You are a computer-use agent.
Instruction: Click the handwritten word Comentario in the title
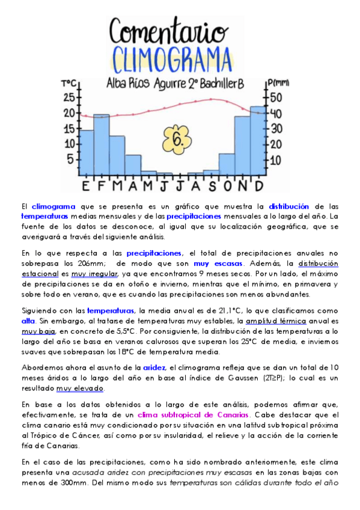coord(169,29)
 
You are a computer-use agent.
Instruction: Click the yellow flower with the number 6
coord(175,140)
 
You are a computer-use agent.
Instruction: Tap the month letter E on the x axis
coord(86,185)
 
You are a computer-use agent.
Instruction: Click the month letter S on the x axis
coord(211,185)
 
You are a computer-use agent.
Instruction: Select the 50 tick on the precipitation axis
coord(275,97)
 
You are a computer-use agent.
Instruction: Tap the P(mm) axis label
coord(278,82)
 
